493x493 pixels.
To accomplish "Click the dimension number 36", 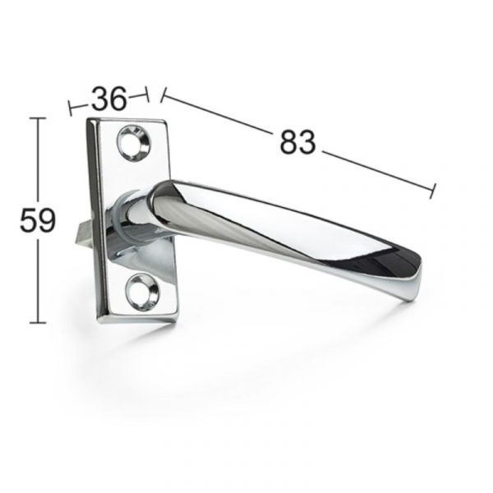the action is [109, 99].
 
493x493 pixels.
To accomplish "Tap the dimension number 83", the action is [297, 142].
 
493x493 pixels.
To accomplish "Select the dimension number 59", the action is [38, 220].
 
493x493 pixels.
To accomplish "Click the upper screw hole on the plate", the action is [134, 143].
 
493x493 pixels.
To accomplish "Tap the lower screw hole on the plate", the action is [141, 292].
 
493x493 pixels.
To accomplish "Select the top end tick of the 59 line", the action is [38, 118].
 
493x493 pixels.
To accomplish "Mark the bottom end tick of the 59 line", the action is [38, 323].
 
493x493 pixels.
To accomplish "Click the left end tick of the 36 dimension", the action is [70, 108].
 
